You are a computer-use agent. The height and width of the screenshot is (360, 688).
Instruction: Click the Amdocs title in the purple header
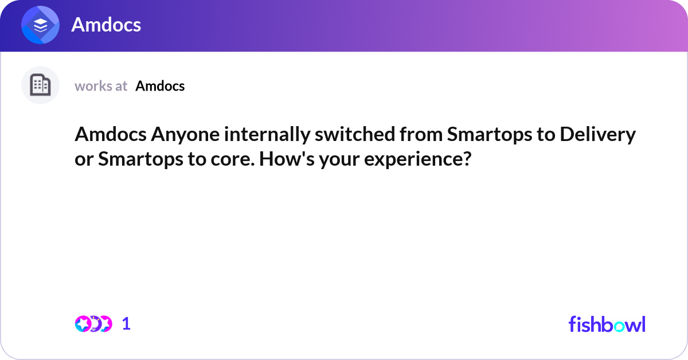[106, 25]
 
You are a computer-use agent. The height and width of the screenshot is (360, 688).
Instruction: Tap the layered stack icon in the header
[40, 25]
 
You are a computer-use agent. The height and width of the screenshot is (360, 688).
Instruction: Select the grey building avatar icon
[40, 85]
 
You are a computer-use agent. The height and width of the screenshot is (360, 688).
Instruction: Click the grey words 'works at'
[101, 86]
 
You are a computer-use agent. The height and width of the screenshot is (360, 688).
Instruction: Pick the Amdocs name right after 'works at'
[160, 86]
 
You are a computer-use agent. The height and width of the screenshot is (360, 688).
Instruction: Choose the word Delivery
[597, 135]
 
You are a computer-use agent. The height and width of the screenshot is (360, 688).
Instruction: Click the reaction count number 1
[126, 324]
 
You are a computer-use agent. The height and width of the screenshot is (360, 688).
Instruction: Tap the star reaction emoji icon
[83, 324]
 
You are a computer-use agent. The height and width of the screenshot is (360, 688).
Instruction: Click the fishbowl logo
[607, 324]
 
